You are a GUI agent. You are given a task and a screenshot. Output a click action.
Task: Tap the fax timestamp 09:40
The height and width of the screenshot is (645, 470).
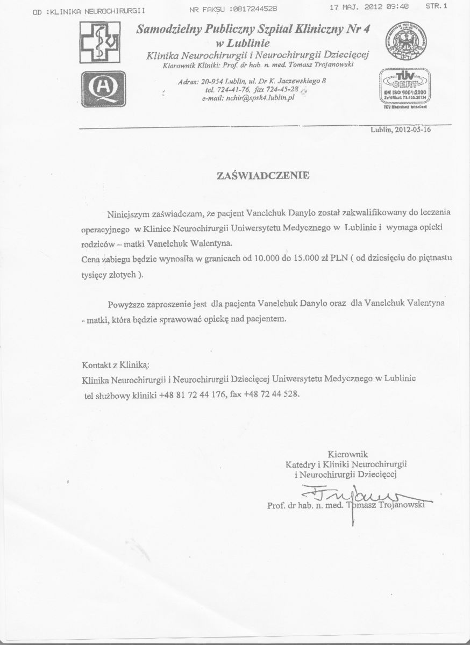click(397, 8)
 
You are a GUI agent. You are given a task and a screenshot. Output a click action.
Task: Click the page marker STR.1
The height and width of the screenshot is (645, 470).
click(436, 7)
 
